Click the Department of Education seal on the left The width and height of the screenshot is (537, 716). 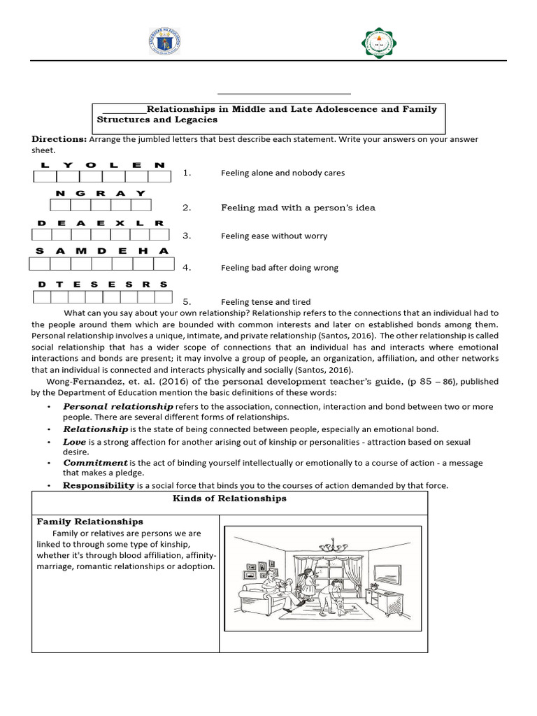[164, 43]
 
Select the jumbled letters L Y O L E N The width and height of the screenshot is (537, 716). [102, 165]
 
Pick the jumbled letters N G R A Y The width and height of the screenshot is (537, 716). [101, 193]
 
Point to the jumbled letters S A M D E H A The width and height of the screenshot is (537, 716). [102, 250]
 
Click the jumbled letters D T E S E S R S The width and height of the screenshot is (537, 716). [103, 285]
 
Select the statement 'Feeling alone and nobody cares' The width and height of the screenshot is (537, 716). [282, 173]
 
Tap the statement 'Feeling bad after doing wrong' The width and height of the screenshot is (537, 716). [280, 267]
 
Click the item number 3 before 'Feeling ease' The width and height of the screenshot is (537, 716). [186, 236]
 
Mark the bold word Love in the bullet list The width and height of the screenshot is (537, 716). [75, 442]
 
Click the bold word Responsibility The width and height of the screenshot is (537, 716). [99, 485]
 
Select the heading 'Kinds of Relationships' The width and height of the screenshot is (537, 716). [229, 499]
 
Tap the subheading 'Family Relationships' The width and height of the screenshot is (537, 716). [89, 522]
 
